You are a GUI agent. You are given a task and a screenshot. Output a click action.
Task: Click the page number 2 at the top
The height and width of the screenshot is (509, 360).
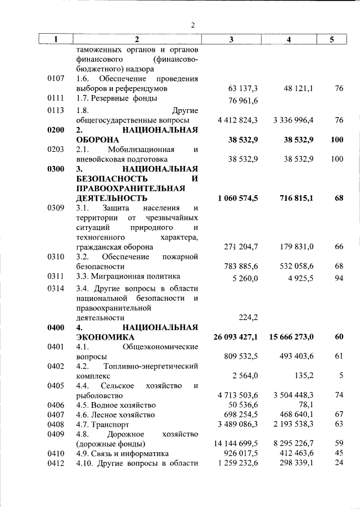tap(192, 25)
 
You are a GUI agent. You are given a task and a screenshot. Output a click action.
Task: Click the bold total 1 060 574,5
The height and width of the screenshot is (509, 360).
tap(236, 199)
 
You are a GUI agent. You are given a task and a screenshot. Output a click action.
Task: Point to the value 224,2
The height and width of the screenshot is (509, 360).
tap(248, 317)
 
